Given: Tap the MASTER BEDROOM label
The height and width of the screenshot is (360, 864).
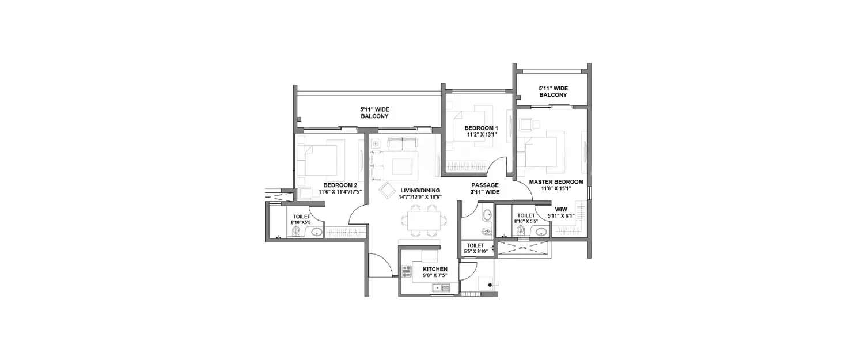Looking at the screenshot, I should (556, 182).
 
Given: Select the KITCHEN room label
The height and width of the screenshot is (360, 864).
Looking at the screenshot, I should (435, 269).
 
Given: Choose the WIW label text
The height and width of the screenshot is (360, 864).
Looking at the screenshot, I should (560, 209).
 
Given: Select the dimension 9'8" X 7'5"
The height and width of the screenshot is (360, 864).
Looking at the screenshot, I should (435, 275).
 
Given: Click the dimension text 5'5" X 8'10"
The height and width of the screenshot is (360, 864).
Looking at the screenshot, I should (476, 252).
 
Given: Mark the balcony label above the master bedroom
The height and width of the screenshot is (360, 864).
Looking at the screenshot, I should (553, 91).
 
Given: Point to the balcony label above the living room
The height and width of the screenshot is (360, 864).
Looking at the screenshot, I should (374, 112).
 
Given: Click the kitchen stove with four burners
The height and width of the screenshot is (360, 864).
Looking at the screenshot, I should (406, 271).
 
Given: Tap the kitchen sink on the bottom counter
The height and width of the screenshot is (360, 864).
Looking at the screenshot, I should (441, 287).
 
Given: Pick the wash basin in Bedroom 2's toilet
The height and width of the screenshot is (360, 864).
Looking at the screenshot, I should (316, 232).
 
